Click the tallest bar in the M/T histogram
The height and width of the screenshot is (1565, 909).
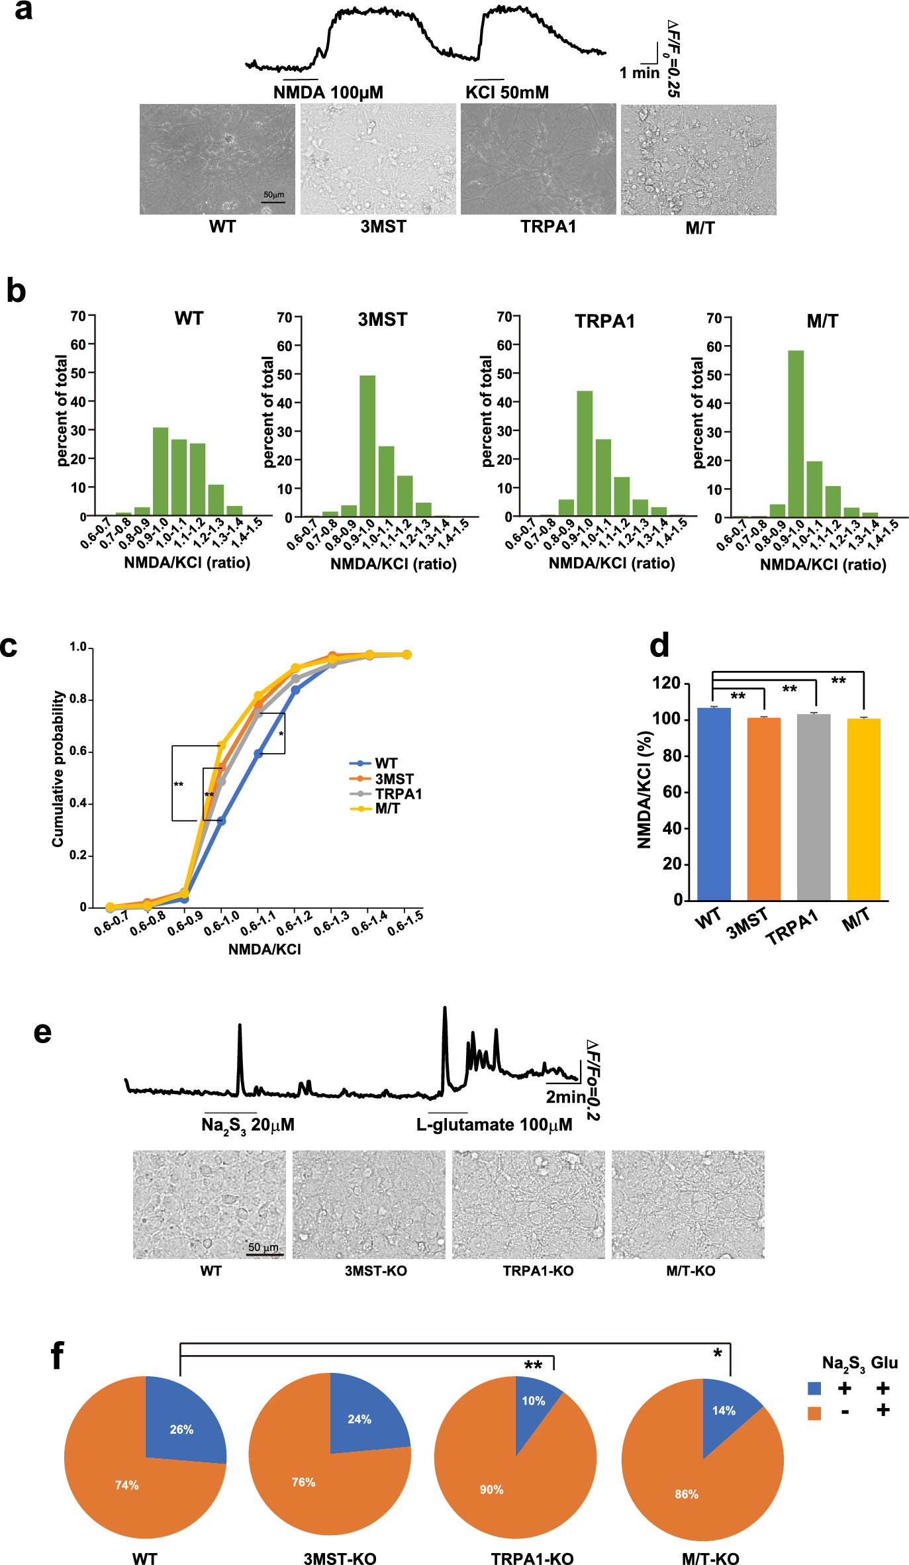pyautogui.click(x=796, y=434)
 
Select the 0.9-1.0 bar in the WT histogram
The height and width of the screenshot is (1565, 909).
pyautogui.click(x=160, y=472)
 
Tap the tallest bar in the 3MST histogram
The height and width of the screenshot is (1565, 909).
pyautogui.click(x=367, y=446)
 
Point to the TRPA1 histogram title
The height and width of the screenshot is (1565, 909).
pyautogui.click(x=604, y=321)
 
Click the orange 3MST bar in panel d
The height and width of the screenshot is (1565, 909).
pyautogui.click(x=763, y=809)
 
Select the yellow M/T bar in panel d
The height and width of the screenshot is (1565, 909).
pyautogui.click(x=863, y=809)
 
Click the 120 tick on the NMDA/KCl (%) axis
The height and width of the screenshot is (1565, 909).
pyautogui.click(x=667, y=683)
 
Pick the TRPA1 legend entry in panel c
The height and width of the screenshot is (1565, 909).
pyautogui.click(x=398, y=793)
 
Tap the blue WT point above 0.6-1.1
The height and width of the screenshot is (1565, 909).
pyautogui.click(x=258, y=754)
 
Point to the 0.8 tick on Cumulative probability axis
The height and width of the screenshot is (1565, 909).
pyautogui.click(x=78, y=699)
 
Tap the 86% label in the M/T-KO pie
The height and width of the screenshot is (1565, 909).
pyautogui.click(x=687, y=1494)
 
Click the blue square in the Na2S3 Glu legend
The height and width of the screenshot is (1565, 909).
pyautogui.click(x=814, y=1388)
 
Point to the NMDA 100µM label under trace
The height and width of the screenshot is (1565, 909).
pyautogui.click(x=328, y=92)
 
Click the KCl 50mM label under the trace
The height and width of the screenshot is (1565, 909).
pyautogui.click(x=507, y=92)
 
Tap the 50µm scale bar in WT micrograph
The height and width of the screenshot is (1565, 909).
pyautogui.click(x=273, y=201)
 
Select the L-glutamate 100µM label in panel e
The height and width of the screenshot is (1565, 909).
pyautogui.click(x=494, y=1125)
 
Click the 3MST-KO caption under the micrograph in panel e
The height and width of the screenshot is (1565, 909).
pyautogui.click(x=375, y=1271)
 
